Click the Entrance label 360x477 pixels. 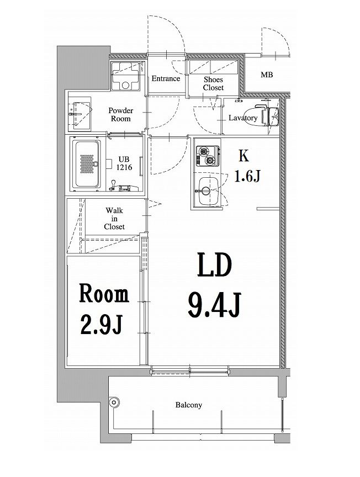tap(166, 78)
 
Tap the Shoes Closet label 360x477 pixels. tap(213, 84)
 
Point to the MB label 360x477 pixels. tap(267, 75)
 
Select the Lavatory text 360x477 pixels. tap(243, 118)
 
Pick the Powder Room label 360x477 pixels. tap(121, 115)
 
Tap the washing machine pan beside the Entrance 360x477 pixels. tap(125, 76)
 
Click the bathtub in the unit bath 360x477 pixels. tap(88, 164)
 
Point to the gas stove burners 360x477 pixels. tap(208, 156)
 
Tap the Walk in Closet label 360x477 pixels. tap(114, 219)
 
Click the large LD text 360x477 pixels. tap(215, 266)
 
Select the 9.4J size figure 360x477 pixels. tap(215, 305)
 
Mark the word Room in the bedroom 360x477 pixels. tap(104, 294)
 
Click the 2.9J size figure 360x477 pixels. tap(102, 325)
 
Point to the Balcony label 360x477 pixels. tap(189, 405)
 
